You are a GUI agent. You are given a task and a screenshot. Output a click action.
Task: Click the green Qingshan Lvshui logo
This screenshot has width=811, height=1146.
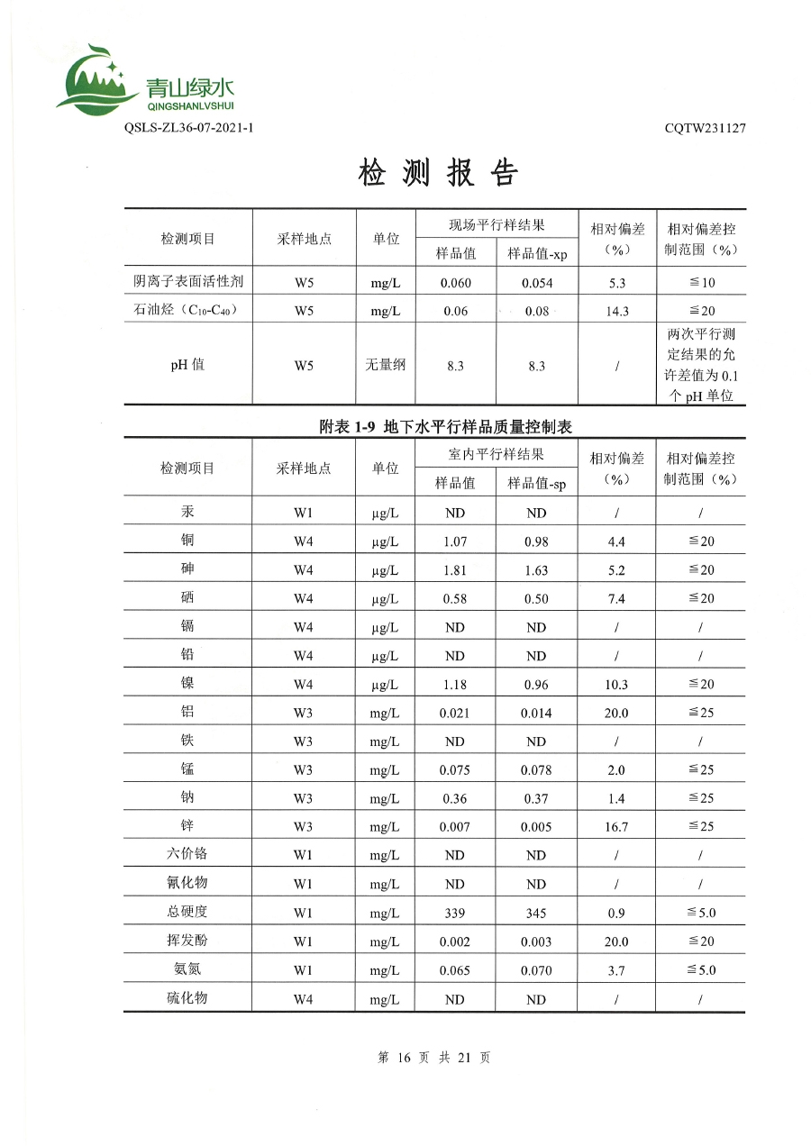click(x=144, y=81)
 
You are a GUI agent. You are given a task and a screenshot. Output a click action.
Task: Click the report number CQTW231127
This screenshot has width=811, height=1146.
click(x=705, y=128)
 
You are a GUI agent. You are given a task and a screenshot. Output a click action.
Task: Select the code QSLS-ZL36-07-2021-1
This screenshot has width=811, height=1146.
click(x=188, y=128)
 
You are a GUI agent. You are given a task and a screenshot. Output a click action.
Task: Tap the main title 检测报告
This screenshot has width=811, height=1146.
click(x=439, y=173)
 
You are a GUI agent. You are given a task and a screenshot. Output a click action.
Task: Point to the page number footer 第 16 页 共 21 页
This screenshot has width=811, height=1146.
click(x=434, y=1058)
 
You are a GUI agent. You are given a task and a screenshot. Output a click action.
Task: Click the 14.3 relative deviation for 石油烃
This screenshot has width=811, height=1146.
click(x=617, y=312)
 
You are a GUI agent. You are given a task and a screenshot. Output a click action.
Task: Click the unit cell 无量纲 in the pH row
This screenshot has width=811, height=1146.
click(x=386, y=366)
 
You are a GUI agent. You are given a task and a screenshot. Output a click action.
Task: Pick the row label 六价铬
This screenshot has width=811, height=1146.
click(x=187, y=854)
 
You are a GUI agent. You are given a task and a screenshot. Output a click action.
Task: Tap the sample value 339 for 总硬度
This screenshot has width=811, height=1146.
click(x=455, y=913)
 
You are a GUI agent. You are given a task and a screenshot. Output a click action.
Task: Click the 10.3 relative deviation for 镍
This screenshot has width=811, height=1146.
click(x=617, y=685)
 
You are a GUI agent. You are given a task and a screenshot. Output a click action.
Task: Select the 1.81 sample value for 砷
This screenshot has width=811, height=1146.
click(x=455, y=570)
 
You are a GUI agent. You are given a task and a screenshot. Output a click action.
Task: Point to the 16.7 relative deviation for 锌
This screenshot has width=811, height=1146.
click(x=617, y=826)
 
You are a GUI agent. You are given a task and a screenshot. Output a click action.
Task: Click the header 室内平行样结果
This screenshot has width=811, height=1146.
click(x=497, y=454)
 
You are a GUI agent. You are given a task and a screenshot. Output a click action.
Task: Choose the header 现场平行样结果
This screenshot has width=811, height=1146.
click(x=497, y=224)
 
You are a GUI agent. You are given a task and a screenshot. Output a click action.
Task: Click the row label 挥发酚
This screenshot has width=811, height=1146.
click(x=187, y=941)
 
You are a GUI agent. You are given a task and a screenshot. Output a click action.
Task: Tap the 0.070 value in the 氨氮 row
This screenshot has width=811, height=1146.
click(x=536, y=970)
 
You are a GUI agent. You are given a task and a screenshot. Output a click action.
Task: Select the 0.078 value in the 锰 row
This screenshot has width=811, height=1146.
click(x=536, y=770)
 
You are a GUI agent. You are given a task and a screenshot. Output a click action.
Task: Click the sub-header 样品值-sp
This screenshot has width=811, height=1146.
click(x=536, y=483)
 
